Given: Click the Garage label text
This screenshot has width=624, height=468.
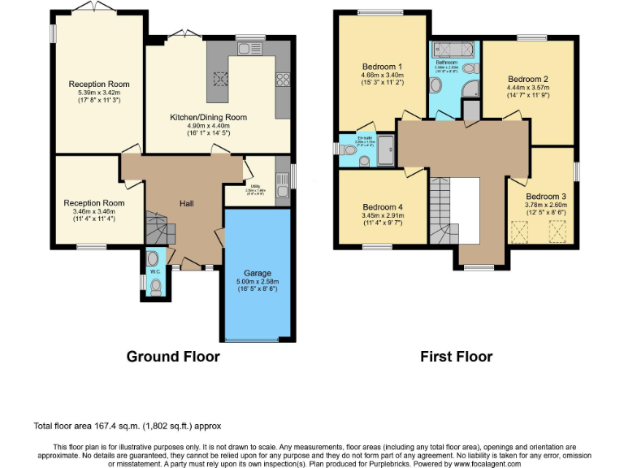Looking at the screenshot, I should click(258, 273).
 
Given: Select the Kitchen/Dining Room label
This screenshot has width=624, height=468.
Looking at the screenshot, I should click(208, 117).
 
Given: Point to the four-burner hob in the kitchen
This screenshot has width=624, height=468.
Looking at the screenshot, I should click(284, 80).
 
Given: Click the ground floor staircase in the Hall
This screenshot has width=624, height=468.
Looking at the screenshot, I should click(154, 228).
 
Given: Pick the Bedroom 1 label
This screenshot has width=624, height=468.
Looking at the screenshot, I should click(382, 66).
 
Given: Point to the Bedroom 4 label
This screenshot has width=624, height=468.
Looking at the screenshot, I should click(382, 207).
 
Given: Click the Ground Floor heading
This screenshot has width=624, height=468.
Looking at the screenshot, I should click(173, 356).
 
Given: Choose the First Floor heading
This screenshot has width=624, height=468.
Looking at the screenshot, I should click(456, 356).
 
